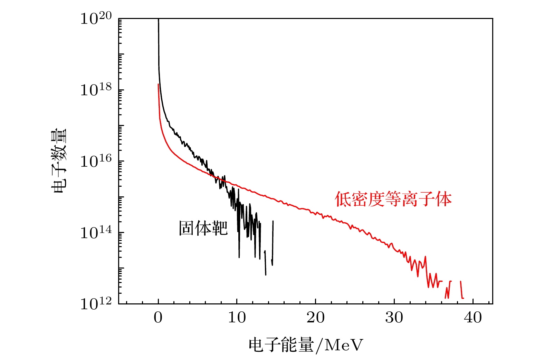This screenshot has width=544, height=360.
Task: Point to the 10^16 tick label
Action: pyautogui.click(x=96, y=161)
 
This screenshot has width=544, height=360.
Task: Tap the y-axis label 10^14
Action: pyautogui.click(x=96, y=233)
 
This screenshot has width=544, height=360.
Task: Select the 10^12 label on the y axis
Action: pyautogui.click(x=96, y=304)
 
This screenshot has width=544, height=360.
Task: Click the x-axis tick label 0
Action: pyautogui.click(x=158, y=318)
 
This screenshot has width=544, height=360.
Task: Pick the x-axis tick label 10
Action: pyautogui.click(x=237, y=318)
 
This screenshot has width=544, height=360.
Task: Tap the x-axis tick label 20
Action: pyautogui.click(x=315, y=318)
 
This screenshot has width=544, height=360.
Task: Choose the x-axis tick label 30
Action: pyautogui.click(x=394, y=318)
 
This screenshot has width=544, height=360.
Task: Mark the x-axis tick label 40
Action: pyautogui.click(x=473, y=318)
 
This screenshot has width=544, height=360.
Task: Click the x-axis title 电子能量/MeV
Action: pyautogui.click(x=306, y=345)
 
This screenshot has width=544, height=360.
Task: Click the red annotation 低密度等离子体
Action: pyautogui.click(x=393, y=200)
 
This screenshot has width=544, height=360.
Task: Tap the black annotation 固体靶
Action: pyautogui.click(x=203, y=228)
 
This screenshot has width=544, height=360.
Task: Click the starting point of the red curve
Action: pyautogui.click(x=158, y=84)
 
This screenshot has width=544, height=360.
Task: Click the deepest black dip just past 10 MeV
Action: pyautogui.click(x=239, y=257)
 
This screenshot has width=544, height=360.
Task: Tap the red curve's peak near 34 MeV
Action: pyautogui.click(x=425, y=257)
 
